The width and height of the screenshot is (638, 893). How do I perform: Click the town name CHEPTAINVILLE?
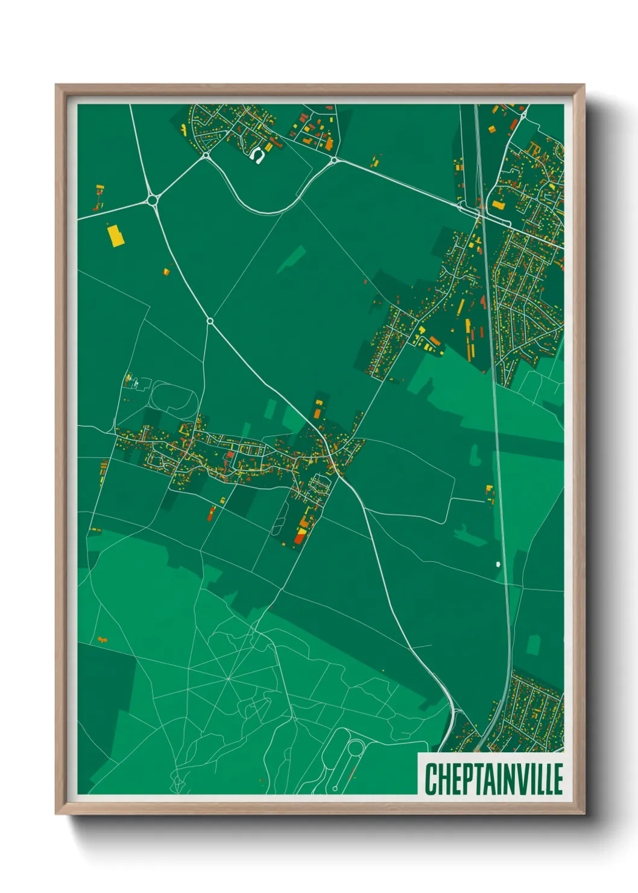[493, 778]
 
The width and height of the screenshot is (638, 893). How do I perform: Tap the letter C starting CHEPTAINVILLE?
[431, 779]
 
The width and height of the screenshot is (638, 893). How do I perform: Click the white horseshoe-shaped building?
[258, 156]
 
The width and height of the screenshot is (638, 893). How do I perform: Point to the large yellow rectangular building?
[115, 236]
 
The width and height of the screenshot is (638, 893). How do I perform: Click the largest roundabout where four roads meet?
[152, 199]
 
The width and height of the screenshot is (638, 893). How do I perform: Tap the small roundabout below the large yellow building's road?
[210, 321]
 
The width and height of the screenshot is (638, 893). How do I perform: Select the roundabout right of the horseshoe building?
[333, 160]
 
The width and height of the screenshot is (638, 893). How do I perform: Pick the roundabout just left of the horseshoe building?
[206, 155]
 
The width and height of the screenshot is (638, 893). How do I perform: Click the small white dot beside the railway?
[498, 564]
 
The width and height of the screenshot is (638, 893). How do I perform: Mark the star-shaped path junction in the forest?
[229, 679]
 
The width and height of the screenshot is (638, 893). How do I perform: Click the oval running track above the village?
[173, 398]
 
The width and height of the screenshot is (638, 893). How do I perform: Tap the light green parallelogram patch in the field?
[291, 259]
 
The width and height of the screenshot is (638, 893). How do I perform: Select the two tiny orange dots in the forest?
[102, 638]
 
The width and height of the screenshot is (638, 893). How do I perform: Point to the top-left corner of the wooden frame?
[57, 86]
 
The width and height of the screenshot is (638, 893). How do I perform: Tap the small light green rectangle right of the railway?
[533, 644]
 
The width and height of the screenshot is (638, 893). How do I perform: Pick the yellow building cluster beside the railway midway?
[490, 493]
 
